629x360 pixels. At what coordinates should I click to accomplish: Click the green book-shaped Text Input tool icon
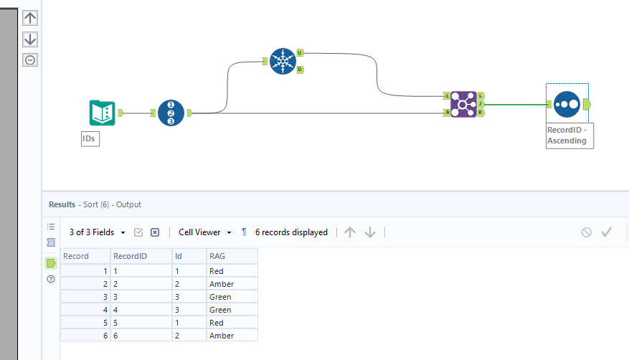(x=102, y=113)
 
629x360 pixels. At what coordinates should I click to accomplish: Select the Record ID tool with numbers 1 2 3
(x=171, y=113)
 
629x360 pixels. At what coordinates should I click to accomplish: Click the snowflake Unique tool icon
(x=283, y=61)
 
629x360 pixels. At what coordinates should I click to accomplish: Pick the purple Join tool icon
(x=463, y=104)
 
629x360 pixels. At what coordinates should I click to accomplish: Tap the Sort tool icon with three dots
(x=567, y=105)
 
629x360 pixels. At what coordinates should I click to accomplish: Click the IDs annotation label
(x=90, y=138)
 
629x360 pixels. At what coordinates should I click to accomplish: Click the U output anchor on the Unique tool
(x=300, y=53)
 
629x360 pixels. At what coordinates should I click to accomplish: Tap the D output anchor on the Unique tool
(x=300, y=70)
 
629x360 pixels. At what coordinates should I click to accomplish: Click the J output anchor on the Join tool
(x=481, y=104)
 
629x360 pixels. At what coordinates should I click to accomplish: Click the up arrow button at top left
(x=30, y=18)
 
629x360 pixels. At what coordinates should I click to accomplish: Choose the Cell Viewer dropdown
(x=205, y=232)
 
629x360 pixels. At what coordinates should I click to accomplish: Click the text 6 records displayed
(x=291, y=232)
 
